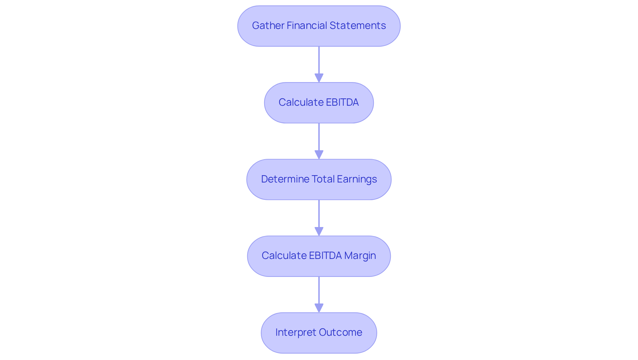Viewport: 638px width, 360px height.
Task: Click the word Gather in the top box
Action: [x=268, y=26]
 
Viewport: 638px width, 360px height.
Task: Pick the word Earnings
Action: [x=357, y=179]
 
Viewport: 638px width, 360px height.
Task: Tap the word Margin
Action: [x=360, y=256]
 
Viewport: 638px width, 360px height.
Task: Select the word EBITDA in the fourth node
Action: [x=325, y=256]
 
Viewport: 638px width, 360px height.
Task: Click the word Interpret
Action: [x=295, y=332]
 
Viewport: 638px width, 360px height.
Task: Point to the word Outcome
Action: [x=340, y=332]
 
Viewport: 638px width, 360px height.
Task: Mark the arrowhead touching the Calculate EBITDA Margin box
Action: [x=319, y=231]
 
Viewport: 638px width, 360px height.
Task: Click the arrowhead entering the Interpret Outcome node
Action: [x=319, y=308]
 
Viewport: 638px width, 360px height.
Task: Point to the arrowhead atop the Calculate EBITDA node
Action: [x=319, y=78]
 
